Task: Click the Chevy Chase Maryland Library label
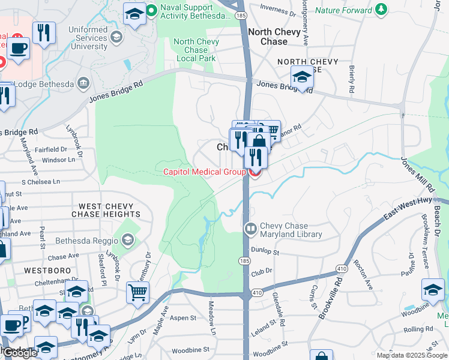(291, 230)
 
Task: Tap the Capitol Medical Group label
(204, 173)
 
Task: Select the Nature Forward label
(343, 10)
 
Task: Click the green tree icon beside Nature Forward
(380, 10)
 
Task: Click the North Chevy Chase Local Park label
(195, 50)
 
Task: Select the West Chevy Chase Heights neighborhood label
(106, 210)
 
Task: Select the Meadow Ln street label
(211, 317)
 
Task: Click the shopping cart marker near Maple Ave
(138, 293)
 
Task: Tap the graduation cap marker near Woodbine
(433, 289)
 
